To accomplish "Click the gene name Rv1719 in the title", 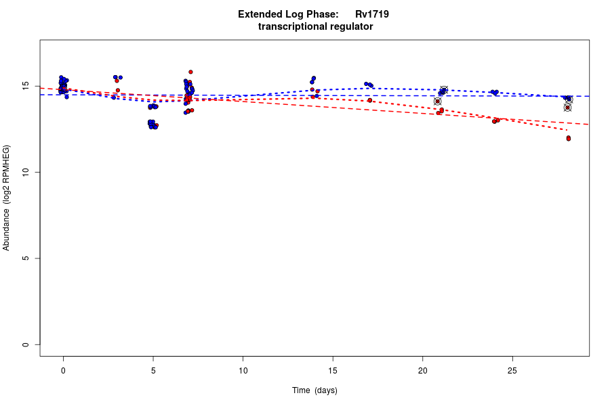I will tap(371, 14).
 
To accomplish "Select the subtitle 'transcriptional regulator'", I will tap(315, 27).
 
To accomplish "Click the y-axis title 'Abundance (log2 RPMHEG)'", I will tap(7, 198).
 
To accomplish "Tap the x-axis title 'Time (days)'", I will tap(314, 390).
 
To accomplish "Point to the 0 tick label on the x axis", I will tap(63, 371).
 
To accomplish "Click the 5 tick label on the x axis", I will tap(153, 371).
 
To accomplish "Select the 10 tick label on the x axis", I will tap(243, 371).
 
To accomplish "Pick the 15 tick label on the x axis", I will tap(333, 371).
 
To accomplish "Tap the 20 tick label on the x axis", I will tap(422, 371).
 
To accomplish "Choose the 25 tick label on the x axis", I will tap(512, 371).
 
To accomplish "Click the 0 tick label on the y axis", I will tap(25, 344).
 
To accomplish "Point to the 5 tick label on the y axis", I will tap(25, 258).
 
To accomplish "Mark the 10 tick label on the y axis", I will tap(25, 173).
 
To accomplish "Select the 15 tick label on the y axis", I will tap(25, 87).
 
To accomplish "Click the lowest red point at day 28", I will tap(569, 139).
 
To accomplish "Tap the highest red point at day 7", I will tap(190, 72).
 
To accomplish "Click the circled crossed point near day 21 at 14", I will tap(438, 101).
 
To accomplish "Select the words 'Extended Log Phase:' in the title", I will tap(288, 14).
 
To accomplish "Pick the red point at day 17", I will tap(370, 100).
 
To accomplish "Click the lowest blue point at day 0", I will tap(66, 97).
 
